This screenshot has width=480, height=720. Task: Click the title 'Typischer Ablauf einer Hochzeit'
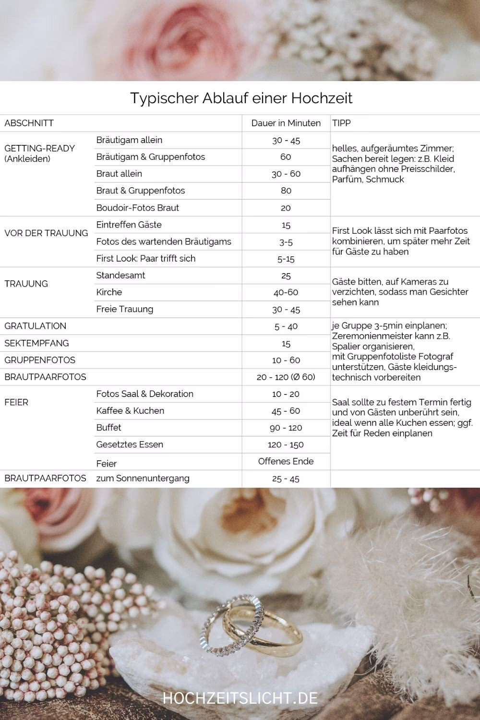tap(241, 98)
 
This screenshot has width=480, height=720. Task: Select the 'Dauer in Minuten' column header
tap(286, 123)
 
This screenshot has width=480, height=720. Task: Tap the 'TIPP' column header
tap(341, 123)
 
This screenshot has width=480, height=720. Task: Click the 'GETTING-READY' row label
tap(40, 148)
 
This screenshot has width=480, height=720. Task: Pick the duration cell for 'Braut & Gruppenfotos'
tap(286, 191)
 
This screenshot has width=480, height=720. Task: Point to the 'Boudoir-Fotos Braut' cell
tap(137, 207)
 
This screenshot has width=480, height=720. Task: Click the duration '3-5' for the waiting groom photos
tap(286, 242)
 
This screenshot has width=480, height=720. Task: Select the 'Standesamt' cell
tap(120, 275)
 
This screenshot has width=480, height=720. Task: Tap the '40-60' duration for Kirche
tap(286, 292)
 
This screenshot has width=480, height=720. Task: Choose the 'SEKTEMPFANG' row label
tap(36, 343)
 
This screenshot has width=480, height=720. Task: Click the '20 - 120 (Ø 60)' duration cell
tap(286, 377)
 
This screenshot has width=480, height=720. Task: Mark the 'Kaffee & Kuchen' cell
tap(130, 410)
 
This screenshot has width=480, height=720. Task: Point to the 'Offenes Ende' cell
tap(286, 461)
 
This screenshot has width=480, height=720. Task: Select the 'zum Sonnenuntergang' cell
tap(143, 478)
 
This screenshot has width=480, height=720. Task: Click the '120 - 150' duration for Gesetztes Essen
tap(286, 444)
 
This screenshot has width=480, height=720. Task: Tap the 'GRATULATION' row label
tap(36, 326)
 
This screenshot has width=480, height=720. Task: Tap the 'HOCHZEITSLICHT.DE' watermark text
tap(240, 698)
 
